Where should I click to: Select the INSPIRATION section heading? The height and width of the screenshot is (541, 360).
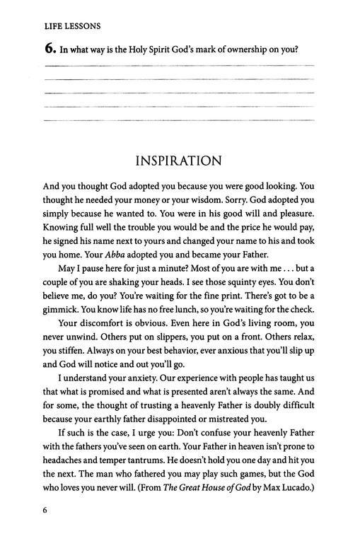[180, 161]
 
